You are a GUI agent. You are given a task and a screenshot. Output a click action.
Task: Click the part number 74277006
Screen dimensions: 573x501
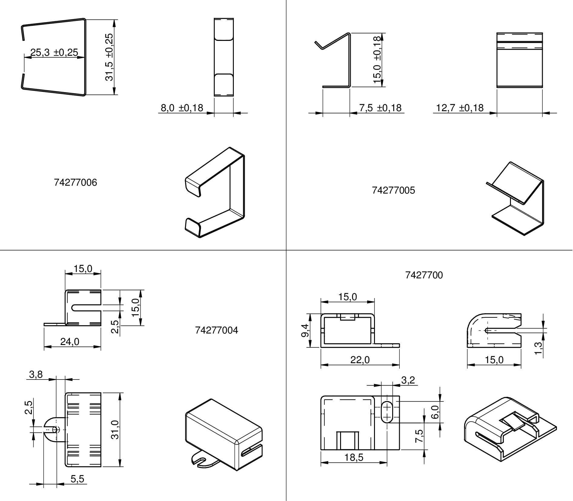pyautogui.click(x=75, y=182)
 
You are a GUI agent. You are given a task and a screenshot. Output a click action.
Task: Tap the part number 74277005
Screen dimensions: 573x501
pyautogui.click(x=393, y=190)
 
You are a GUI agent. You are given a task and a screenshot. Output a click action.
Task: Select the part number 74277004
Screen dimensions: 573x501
pyautogui.click(x=217, y=330)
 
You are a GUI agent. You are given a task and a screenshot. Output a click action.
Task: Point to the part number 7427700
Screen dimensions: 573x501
pyautogui.click(x=424, y=275)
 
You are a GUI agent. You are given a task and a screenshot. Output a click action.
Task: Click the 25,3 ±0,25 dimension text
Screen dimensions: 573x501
pyautogui.click(x=54, y=52)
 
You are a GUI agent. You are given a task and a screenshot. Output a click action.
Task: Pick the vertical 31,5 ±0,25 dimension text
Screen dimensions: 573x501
pyautogui.click(x=109, y=57)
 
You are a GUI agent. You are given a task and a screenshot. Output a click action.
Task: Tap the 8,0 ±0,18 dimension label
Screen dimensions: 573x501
pyautogui.click(x=182, y=108)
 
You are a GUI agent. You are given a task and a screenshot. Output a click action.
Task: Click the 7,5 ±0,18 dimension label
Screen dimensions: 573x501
pyautogui.click(x=380, y=108)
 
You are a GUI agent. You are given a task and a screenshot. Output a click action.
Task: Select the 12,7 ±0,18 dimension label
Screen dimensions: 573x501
pyautogui.click(x=460, y=108)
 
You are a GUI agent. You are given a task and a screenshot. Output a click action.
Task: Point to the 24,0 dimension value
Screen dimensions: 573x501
pyautogui.click(x=70, y=342)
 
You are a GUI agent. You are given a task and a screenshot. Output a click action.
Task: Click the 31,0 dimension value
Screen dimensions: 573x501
pyautogui.click(x=115, y=430)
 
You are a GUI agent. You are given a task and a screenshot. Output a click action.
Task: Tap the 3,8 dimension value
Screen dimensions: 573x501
pyautogui.click(x=36, y=375)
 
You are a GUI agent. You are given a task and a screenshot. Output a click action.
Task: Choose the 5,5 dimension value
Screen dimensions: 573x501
pyautogui.click(x=77, y=479)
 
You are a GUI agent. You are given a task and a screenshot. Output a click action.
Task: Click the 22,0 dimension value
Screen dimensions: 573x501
pyautogui.click(x=360, y=360)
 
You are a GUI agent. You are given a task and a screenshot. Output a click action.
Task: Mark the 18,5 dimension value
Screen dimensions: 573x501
pyautogui.click(x=354, y=457)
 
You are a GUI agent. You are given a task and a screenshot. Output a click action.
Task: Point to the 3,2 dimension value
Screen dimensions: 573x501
pyautogui.click(x=408, y=380)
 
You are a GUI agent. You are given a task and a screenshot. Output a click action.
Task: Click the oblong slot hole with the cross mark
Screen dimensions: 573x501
pyautogui.click(x=387, y=412)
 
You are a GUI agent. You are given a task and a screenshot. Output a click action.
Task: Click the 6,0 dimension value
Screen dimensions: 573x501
pyautogui.click(x=435, y=412)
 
